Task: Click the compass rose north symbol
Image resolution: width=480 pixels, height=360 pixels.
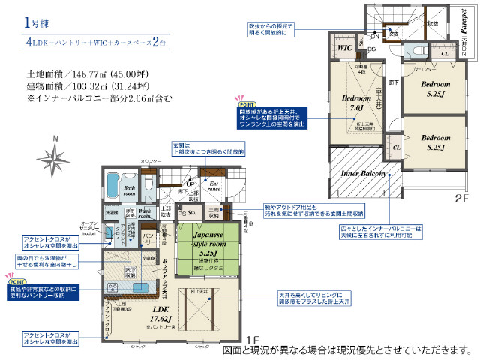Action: click(57, 155)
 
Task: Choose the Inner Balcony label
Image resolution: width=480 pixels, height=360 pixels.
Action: click(364, 174)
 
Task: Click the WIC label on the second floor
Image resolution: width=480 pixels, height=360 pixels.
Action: click(345, 48)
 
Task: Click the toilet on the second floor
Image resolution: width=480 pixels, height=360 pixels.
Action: click(411, 50)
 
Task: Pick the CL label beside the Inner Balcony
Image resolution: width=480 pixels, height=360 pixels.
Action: click(396, 147)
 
